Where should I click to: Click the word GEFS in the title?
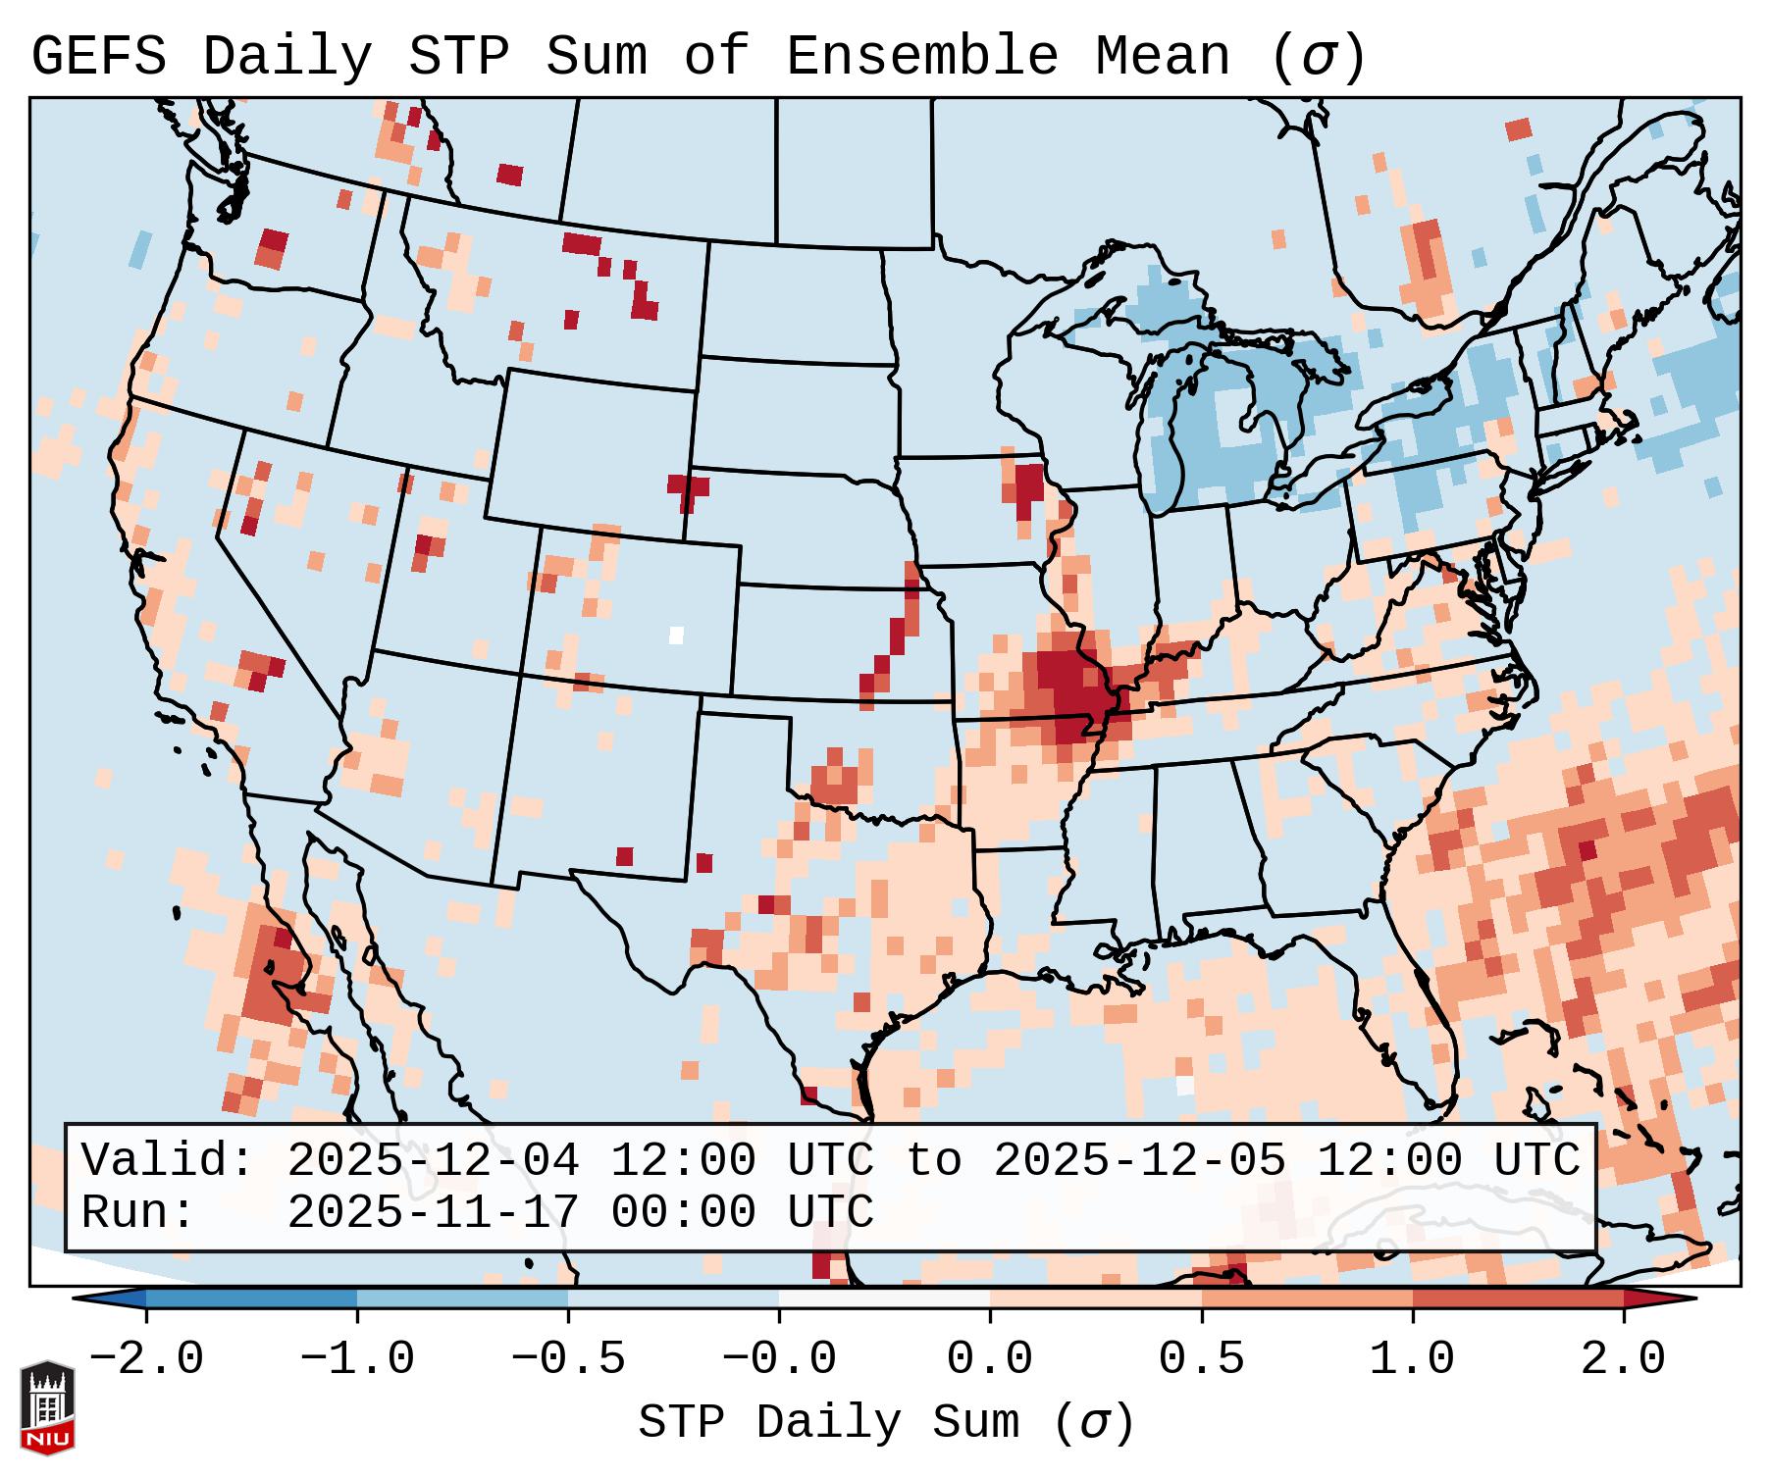click(x=98, y=57)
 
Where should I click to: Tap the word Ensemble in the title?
click(x=921, y=57)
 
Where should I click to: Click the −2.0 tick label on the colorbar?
click(x=146, y=1359)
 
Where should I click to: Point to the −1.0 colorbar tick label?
click(x=357, y=1359)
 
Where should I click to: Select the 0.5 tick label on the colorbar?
click(x=1201, y=1359)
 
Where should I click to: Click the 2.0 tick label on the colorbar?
click(x=1623, y=1359)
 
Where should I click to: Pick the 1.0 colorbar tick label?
click(x=1412, y=1359)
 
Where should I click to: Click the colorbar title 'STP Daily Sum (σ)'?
click(x=886, y=1423)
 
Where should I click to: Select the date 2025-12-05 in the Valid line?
click(x=1139, y=1161)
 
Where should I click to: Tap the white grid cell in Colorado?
click(x=676, y=635)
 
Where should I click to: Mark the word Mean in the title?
click(x=1162, y=57)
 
